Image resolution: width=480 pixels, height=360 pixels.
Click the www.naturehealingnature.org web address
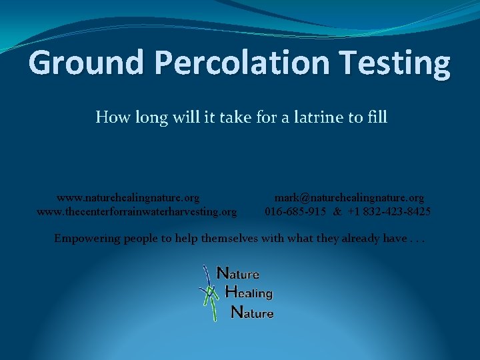pyautogui.click(x=128, y=198)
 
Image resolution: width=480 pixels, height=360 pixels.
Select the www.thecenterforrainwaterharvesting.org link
pyautogui.click(x=137, y=212)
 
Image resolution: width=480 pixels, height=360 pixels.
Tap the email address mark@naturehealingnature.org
pyautogui.click(x=349, y=198)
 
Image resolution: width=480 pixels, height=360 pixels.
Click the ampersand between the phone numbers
pyautogui.click(x=337, y=212)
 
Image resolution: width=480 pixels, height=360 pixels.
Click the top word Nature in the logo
pyautogui.click(x=238, y=273)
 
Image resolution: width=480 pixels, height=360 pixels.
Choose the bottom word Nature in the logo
pyautogui.click(x=252, y=312)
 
